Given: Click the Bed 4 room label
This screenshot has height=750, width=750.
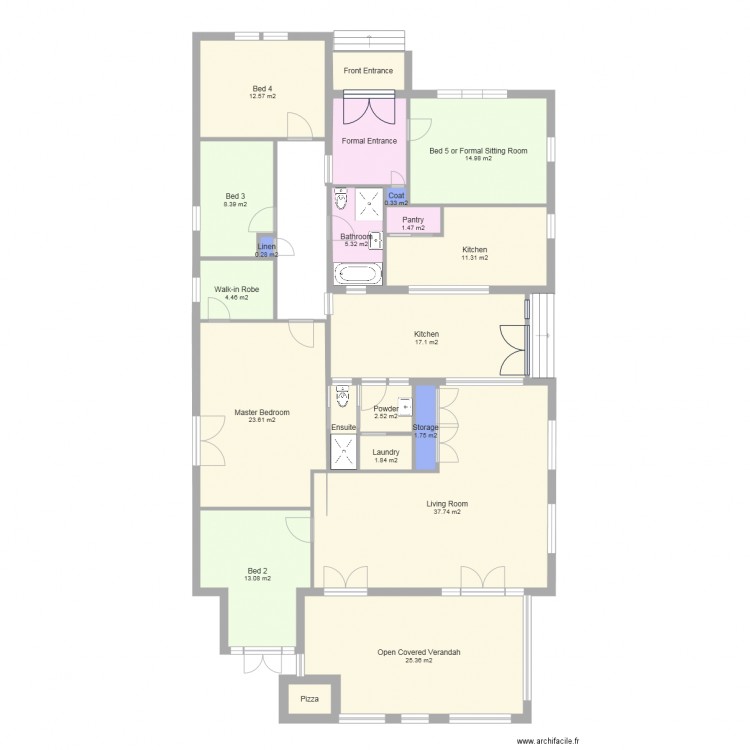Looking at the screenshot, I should [263, 89].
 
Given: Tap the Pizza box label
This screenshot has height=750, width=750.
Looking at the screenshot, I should [310, 699].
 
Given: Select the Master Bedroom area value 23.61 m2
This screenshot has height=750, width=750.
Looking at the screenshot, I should [262, 420].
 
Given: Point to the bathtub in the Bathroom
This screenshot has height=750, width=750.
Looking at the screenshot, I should [358, 274].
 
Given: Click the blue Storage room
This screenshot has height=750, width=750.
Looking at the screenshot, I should [425, 428].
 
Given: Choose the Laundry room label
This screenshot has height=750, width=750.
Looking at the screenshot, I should [386, 452].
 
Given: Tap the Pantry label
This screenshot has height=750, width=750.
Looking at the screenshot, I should [413, 220].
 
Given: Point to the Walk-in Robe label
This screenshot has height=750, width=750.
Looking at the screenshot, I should [237, 289].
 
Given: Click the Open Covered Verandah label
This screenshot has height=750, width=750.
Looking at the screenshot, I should [419, 652].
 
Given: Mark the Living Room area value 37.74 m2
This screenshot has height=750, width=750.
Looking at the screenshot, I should [446, 512].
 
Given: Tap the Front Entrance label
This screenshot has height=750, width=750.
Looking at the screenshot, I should [368, 71].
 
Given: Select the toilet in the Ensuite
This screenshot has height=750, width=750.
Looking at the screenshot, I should [344, 398].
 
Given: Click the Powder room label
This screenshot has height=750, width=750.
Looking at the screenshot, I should [386, 409].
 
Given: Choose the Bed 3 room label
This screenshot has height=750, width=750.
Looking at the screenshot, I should [235, 196].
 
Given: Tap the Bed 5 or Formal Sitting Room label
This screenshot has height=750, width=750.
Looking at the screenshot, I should [478, 151].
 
